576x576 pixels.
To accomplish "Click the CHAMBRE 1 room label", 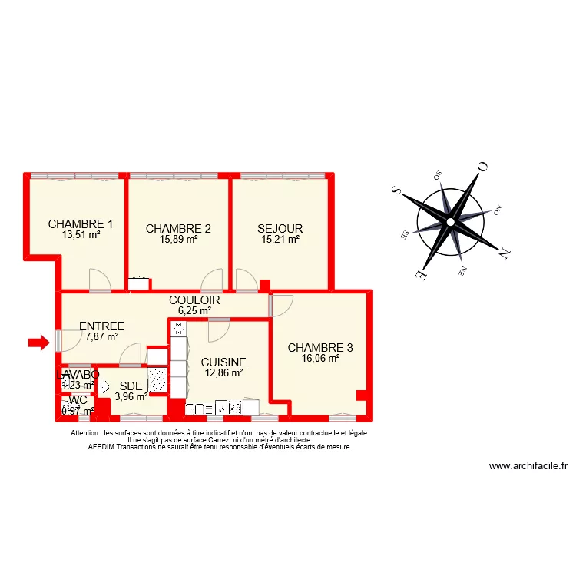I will point(81,224).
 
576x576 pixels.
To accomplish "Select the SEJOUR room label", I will point(280,228).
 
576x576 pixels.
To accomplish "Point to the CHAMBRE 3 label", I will point(320,348).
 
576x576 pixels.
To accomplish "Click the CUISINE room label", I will point(223,362).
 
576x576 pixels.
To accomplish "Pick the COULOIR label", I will point(194,300).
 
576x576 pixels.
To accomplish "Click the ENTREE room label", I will point(101,326).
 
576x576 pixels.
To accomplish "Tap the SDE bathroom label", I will point(131,386).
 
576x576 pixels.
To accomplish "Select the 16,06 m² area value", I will point(320,358).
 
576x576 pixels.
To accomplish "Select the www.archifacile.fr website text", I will point(528,466).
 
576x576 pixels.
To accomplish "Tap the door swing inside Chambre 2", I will point(212,280).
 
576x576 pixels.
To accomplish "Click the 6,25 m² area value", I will point(194,310).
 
